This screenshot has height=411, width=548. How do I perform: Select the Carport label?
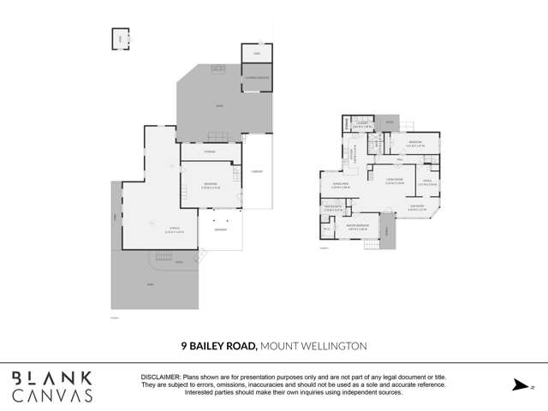click(257, 171)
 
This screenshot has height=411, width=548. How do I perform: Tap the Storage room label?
click(209, 152)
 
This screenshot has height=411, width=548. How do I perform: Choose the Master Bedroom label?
click(357, 228)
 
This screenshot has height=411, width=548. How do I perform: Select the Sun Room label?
click(417, 205)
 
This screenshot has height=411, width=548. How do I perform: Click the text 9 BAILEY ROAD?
click(219, 346)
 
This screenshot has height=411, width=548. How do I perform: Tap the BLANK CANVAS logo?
click(52, 386)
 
